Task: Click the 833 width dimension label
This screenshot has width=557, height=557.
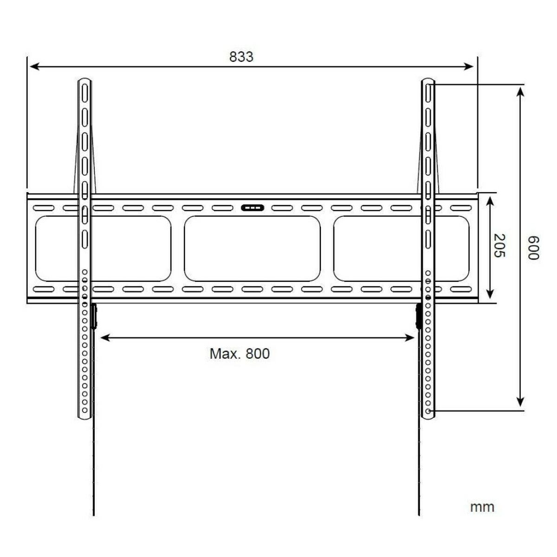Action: point(241,57)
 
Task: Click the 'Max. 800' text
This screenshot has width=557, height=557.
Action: point(240,354)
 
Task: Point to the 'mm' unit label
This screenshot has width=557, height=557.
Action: point(482,506)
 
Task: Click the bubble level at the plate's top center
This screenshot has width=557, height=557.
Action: point(251,208)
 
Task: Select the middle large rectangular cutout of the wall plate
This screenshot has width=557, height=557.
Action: point(252,249)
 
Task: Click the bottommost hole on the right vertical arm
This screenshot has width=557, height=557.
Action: point(428,411)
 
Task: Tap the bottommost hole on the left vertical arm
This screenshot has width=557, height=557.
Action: point(84,411)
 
